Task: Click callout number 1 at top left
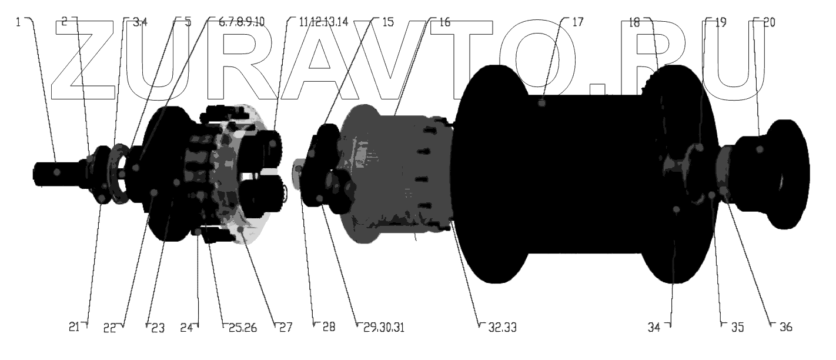18,22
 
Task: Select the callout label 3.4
141,22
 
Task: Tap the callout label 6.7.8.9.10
242,22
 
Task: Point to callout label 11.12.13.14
323,22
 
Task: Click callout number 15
388,22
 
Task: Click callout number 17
577,22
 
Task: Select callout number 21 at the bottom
74,327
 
